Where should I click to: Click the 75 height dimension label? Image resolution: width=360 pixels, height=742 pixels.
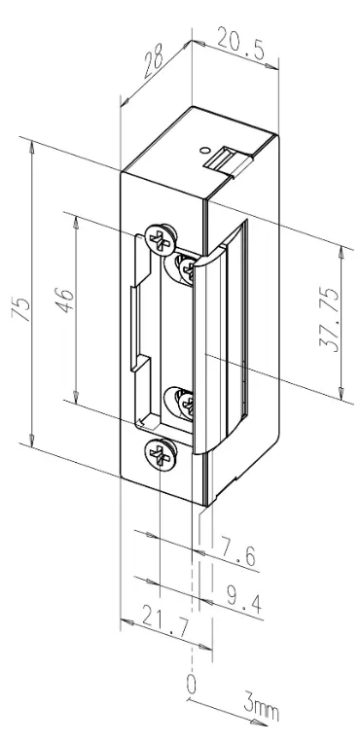(x=23, y=309)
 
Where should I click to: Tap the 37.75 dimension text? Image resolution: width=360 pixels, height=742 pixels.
(x=330, y=319)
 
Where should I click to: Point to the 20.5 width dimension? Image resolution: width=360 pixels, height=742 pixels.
(x=240, y=44)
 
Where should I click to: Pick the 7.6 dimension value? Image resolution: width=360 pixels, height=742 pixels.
(x=237, y=556)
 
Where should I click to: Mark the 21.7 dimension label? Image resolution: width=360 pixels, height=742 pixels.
(x=164, y=624)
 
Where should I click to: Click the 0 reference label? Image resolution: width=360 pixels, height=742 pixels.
(x=191, y=685)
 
